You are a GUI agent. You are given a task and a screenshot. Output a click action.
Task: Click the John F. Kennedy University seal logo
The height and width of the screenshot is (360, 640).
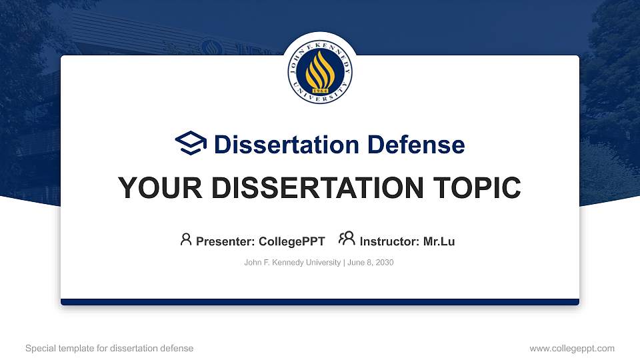320,71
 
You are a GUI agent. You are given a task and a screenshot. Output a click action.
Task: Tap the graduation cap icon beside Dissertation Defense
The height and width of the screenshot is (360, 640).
191,144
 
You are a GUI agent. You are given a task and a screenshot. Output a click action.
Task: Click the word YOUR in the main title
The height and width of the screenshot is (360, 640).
153,188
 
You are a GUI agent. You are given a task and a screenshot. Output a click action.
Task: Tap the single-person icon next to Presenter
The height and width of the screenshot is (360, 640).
186,239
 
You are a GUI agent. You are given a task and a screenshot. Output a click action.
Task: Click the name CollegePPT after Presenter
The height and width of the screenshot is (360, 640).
291,241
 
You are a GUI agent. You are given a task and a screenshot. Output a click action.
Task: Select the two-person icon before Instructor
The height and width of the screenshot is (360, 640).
347,239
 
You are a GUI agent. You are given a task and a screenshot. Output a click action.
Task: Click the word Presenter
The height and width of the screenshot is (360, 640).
224,241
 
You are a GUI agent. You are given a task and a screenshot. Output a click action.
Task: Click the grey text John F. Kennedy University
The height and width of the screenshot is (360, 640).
293,263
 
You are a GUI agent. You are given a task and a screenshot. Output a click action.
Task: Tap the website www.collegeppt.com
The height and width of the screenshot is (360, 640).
572,348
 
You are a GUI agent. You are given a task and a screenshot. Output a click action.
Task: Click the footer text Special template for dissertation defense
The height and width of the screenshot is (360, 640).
109,348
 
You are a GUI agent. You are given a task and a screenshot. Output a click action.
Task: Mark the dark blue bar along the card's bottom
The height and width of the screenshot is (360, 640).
320,302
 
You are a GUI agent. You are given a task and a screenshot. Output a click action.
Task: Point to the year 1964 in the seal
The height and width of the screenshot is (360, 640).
320,89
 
